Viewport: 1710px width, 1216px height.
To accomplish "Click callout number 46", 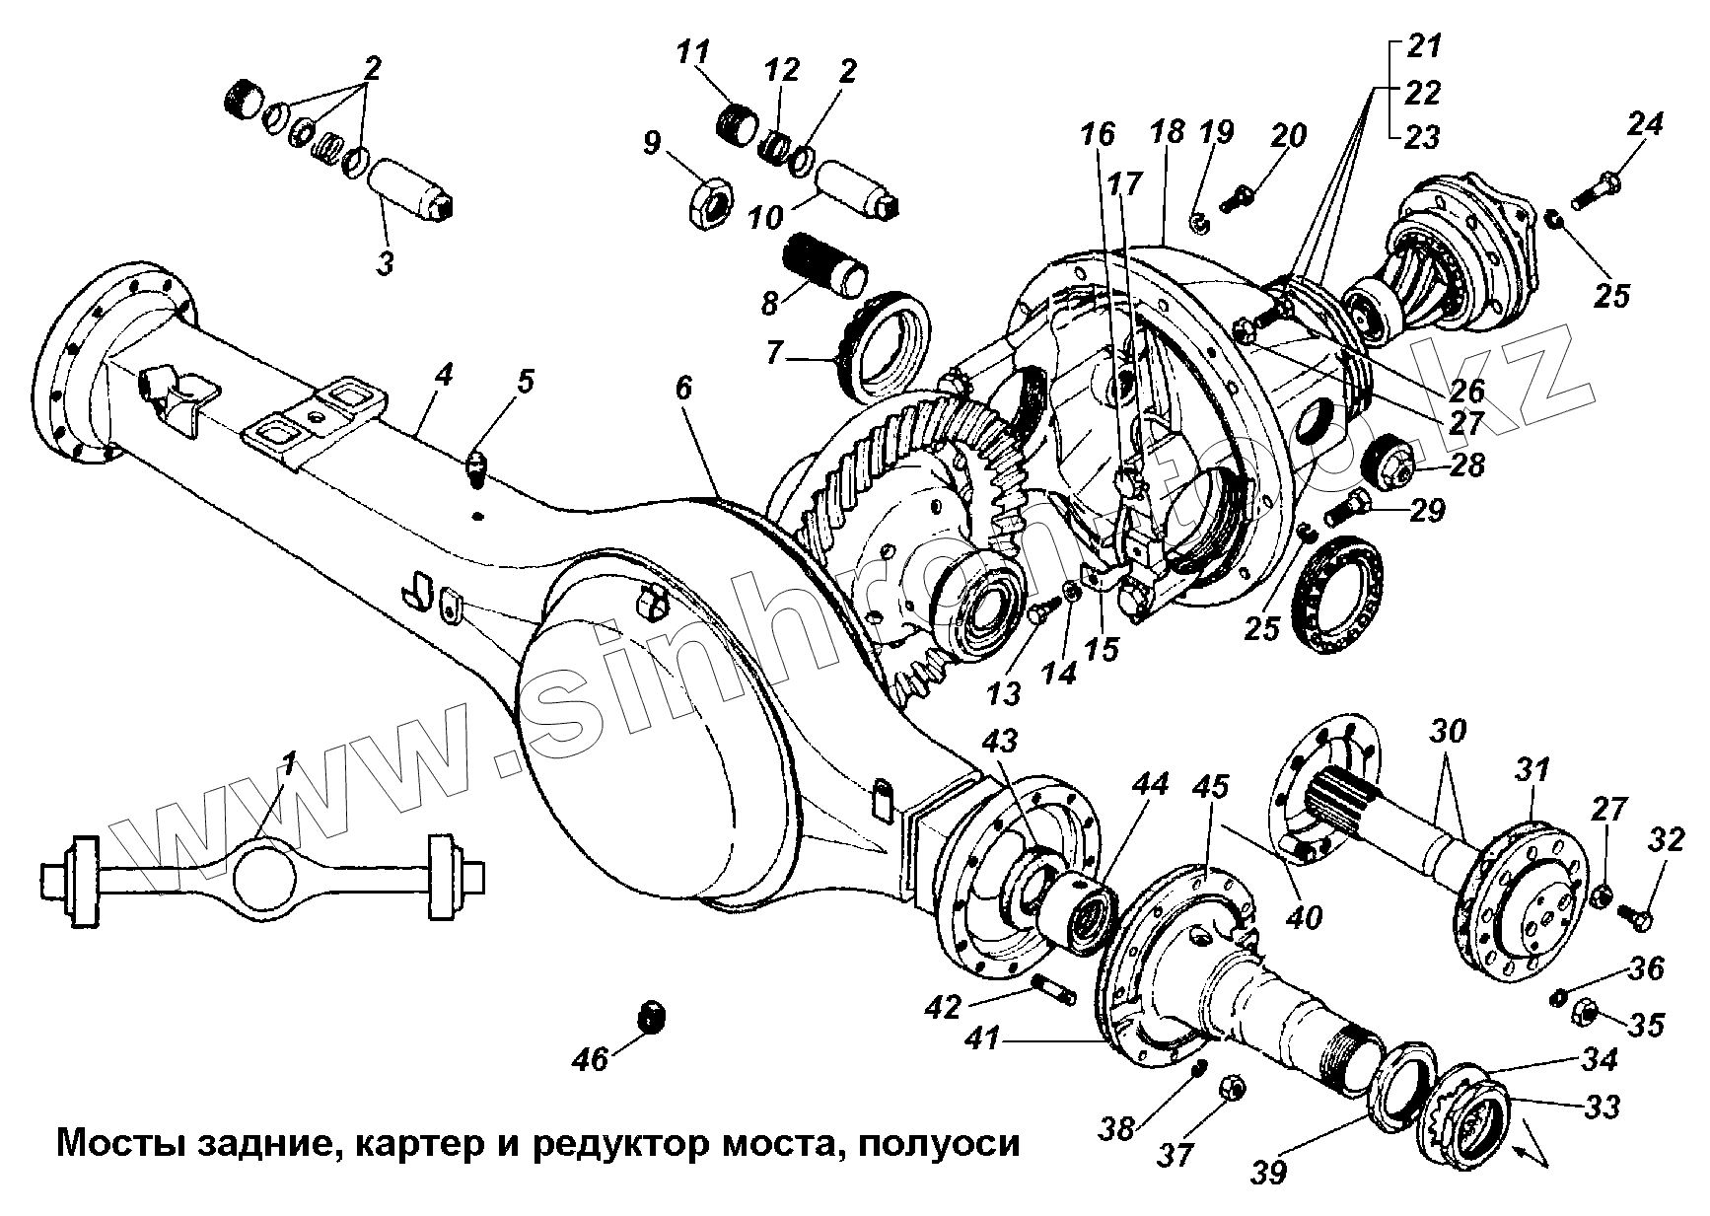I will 593,1059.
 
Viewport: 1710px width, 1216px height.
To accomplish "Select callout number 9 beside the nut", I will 653,145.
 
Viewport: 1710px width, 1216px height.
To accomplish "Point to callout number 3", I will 386,264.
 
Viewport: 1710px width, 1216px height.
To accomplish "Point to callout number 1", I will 289,761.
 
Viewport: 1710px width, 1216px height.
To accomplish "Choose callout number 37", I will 1175,1153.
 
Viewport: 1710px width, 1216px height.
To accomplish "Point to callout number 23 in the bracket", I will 1422,137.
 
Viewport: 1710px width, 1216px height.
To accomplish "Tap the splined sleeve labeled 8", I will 826,264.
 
